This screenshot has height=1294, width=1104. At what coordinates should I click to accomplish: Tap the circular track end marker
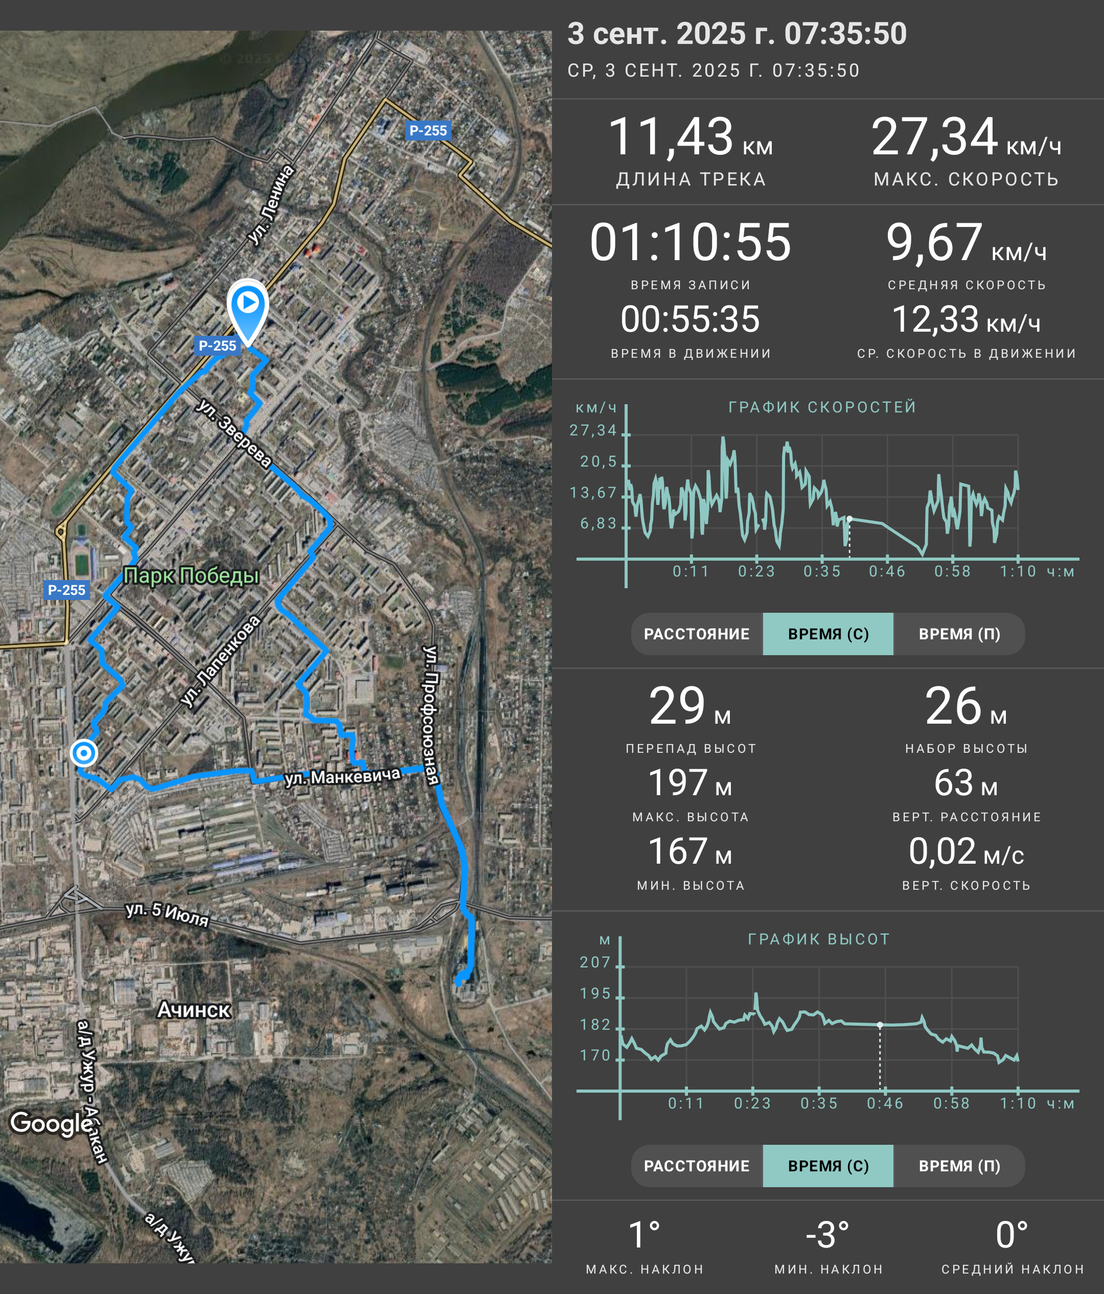[84, 753]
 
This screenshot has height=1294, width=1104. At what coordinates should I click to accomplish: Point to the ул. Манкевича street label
[342, 777]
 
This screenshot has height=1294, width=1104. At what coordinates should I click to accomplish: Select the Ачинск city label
[194, 1010]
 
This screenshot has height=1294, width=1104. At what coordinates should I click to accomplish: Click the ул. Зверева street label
[234, 433]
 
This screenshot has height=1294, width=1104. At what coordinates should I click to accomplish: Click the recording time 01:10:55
[691, 242]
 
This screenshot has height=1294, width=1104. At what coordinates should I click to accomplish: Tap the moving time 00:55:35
[691, 319]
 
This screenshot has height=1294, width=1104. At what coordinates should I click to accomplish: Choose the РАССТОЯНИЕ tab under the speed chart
[697, 634]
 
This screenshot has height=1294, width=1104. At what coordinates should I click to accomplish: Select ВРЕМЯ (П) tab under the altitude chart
[959, 1166]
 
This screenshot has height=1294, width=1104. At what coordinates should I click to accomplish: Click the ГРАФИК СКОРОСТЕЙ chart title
[822, 407]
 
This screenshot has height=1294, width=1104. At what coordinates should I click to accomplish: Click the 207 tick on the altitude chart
[595, 962]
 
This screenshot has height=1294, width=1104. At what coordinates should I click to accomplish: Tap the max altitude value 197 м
[690, 782]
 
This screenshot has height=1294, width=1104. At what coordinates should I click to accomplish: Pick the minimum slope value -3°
[827, 1235]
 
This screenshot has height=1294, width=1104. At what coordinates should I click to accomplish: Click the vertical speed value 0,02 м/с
[967, 851]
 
